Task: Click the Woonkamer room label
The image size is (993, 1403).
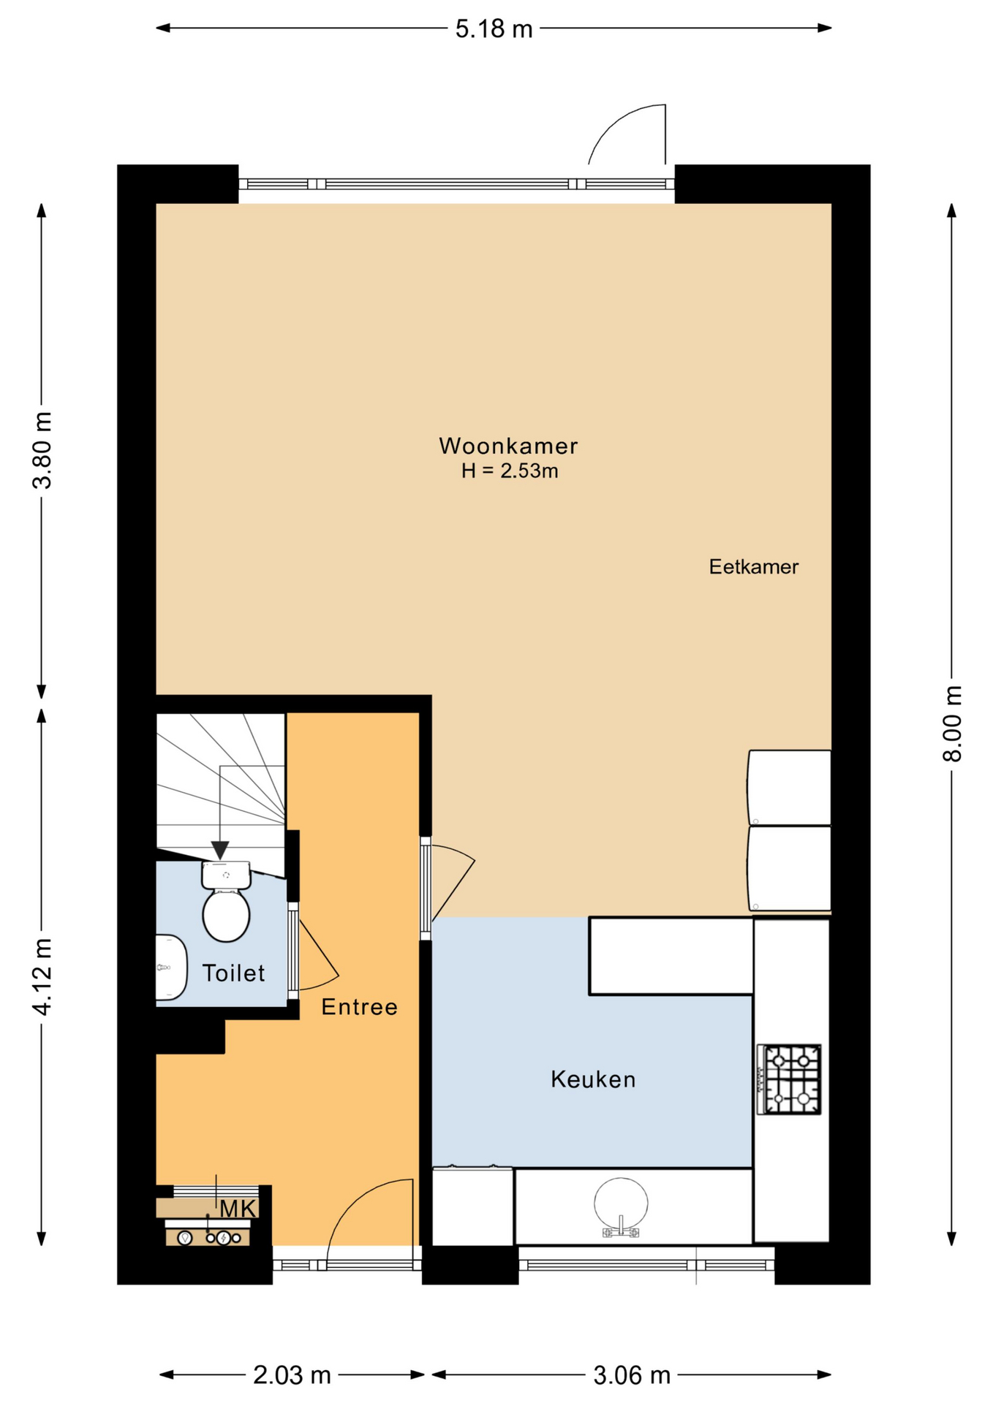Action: tap(508, 445)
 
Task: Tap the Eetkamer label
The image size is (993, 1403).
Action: tap(753, 566)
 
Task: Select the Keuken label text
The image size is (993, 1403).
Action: tap(593, 1079)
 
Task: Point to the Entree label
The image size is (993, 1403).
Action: tap(359, 1007)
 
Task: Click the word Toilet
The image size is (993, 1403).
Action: tap(233, 973)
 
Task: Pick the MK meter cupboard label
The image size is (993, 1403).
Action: tap(238, 1209)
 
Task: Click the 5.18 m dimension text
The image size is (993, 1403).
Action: tap(494, 29)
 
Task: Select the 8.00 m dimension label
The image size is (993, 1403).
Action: tap(952, 723)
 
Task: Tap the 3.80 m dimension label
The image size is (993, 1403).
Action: tap(42, 450)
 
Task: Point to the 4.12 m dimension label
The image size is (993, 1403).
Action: tap(42, 977)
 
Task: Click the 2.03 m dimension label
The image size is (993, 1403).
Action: tap(292, 1375)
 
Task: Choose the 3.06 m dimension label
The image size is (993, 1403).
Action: tap(632, 1375)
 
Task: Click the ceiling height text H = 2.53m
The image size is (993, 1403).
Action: tap(510, 471)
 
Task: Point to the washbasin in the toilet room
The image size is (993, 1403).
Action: tap(172, 967)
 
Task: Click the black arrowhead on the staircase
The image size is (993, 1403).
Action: tap(220, 851)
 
